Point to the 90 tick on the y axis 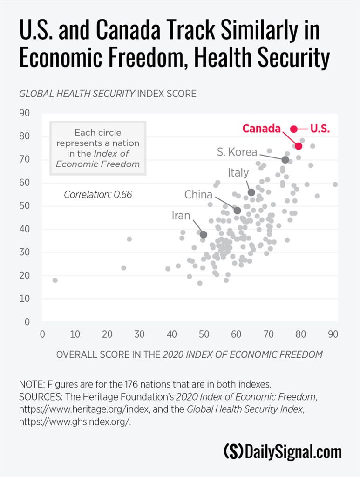(24, 113)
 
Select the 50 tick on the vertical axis (24, 206)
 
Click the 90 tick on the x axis (333, 334)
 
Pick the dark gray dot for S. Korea (285, 160)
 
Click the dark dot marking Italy (251, 192)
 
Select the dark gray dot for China (237, 211)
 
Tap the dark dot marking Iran (204, 234)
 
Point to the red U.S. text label (320, 129)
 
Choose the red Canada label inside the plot (261, 129)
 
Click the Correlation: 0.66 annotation (98, 195)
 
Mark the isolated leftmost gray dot (55, 280)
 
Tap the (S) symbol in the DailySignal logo (232, 452)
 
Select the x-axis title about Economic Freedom (189, 354)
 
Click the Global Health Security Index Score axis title (108, 94)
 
